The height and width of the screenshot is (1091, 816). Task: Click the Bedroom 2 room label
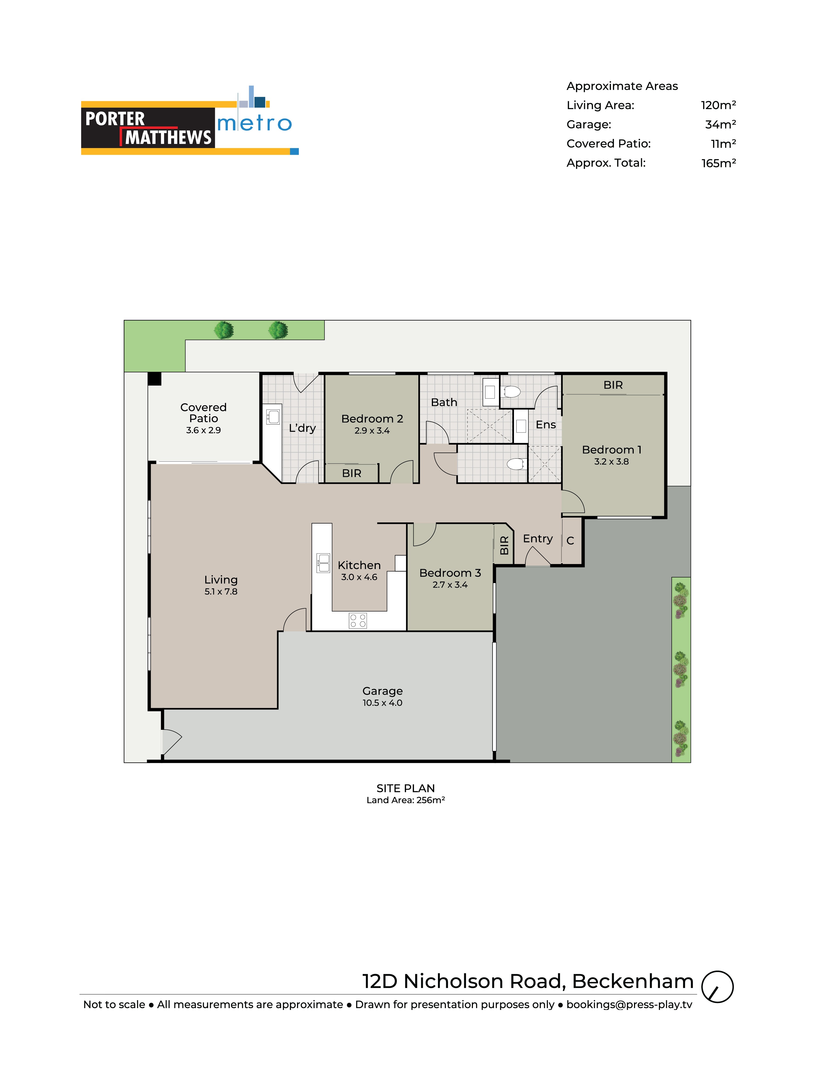click(372, 419)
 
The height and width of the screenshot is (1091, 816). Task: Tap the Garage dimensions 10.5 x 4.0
click(382, 703)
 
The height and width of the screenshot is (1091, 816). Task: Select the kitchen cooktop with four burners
click(358, 620)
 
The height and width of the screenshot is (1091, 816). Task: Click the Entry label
click(538, 539)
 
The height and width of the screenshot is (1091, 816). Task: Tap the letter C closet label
click(570, 541)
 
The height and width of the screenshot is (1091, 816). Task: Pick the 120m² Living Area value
click(718, 105)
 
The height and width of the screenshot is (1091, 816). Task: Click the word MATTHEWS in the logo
click(168, 137)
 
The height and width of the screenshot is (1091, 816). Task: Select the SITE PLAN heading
click(406, 788)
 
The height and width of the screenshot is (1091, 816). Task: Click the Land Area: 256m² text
click(406, 800)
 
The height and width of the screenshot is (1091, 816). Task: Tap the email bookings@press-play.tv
click(629, 1005)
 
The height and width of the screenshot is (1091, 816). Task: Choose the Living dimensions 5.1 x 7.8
click(221, 591)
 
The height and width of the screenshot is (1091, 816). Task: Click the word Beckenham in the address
click(633, 982)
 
